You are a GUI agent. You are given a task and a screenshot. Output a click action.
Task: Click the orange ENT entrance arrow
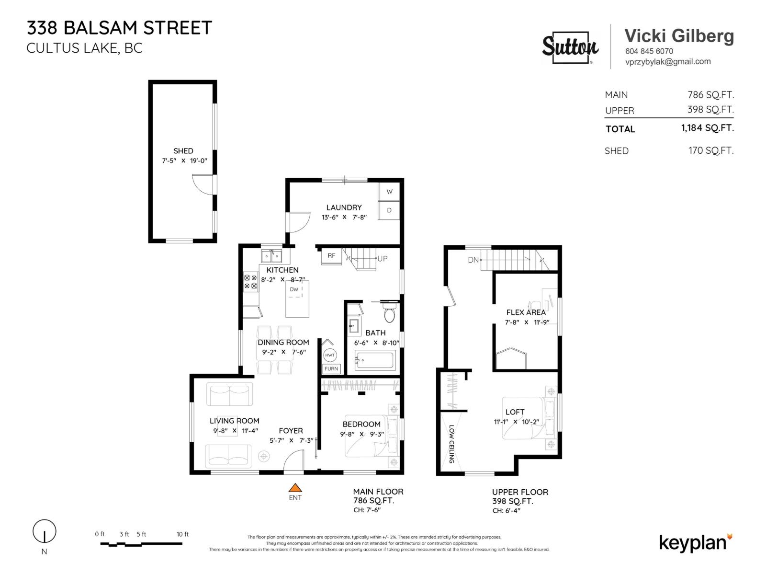[x=295, y=488]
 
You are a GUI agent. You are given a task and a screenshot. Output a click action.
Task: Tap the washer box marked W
[x=389, y=192]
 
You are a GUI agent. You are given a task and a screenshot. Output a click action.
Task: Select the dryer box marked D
[x=389, y=210]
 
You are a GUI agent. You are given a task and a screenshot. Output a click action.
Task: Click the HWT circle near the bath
[x=330, y=355]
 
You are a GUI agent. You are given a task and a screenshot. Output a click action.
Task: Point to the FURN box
[x=331, y=368]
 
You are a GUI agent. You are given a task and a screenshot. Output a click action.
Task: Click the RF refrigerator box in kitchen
[x=331, y=256]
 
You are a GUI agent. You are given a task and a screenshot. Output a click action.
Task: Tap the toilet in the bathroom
[x=390, y=314]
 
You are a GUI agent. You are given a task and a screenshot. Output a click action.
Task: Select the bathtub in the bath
[x=375, y=360]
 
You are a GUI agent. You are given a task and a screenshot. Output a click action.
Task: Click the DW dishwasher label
[x=294, y=289]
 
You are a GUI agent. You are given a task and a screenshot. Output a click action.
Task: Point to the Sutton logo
[x=570, y=47]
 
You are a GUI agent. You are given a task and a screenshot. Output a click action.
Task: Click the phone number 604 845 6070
[x=649, y=51]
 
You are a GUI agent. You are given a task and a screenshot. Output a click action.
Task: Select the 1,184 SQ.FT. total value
[x=707, y=128]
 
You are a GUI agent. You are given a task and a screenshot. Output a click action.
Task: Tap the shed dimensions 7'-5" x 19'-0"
[x=184, y=161]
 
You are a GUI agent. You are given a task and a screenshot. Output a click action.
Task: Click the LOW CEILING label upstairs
[x=451, y=444]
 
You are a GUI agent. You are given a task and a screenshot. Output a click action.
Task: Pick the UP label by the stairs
[x=383, y=259]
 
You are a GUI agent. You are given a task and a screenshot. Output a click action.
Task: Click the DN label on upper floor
[x=473, y=260]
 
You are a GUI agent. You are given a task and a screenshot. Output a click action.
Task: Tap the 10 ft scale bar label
[x=182, y=534]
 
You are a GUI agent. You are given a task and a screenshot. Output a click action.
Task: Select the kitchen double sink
[x=271, y=256]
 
